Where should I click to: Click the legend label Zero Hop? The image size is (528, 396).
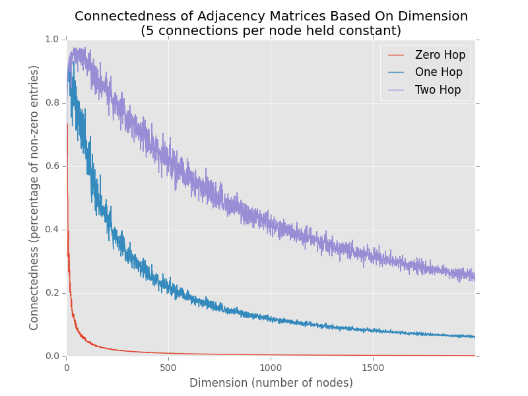pyautogui.click(x=440, y=55)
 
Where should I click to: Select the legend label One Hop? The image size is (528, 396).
pyautogui.click(x=438, y=73)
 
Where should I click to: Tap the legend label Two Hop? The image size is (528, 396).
pyautogui.click(x=438, y=90)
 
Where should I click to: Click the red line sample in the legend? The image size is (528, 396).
pyautogui.click(x=396, y=55)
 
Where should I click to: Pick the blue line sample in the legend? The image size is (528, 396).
pyautogui.click(x=396, y=73)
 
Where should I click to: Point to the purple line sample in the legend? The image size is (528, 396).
pyautogui.click(x=396, y=90)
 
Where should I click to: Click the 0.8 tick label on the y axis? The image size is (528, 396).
pyautogui.click(x=53, y=103)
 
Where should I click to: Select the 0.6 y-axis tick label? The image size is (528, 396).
pyautogui.click(x=53, y=166)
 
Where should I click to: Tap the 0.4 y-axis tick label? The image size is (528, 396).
pyautogui.click(x=53, y=230)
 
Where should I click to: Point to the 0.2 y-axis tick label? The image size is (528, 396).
pyautogui.click(x=53, y=293)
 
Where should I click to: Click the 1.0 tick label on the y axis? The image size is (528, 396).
pyautogui.click(x=53, y=40)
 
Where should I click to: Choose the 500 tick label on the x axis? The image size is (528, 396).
pyautogui.click(x=168, y=367)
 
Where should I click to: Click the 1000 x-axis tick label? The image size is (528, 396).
pyautogui.click(x=271, y=367)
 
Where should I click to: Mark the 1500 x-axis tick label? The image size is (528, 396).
pyautogui.click(x=373, y=367)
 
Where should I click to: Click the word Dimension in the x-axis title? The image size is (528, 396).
pyautogui.click(x=217, y=383)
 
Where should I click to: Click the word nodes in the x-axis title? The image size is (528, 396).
pyautogui.click(x=333, y=383)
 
